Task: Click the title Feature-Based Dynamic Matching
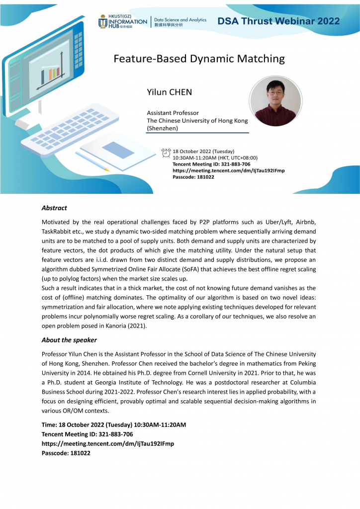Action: pyautogui.click(x=199, y=59)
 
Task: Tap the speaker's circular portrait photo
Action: pyautogui.click(x=275, y=101)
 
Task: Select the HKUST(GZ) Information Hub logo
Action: pyautogui.click(x=122, y=21)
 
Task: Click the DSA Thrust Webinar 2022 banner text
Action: pyautogui.click(x=278, y=21)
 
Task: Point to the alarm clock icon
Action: pyautogui.click(x=166, y=152)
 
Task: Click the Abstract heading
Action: pyautogui.click(x=54, y=208)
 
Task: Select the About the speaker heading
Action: pyautogui.click(x=69, y=340)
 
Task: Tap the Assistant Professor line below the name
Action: pyautogui.click(x=173, y=113)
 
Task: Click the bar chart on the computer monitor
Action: pyautogui.click(x=50, y=75)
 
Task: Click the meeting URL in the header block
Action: pyautogui.click(x=228, y=170)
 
